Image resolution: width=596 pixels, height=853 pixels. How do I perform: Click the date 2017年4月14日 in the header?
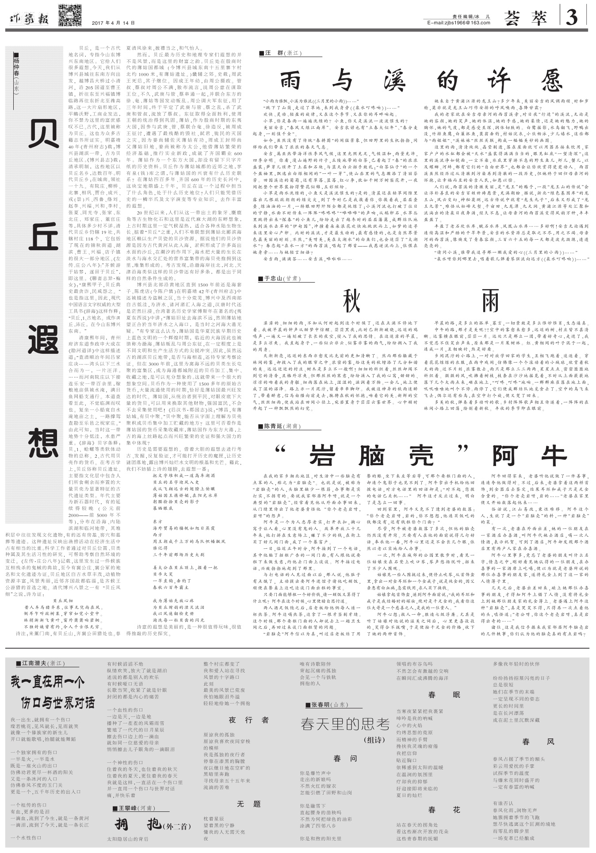pos(114,23)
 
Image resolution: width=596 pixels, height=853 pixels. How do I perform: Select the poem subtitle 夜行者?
pos(248,719)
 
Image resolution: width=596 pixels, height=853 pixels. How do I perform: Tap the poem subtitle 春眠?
pos(444,695)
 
